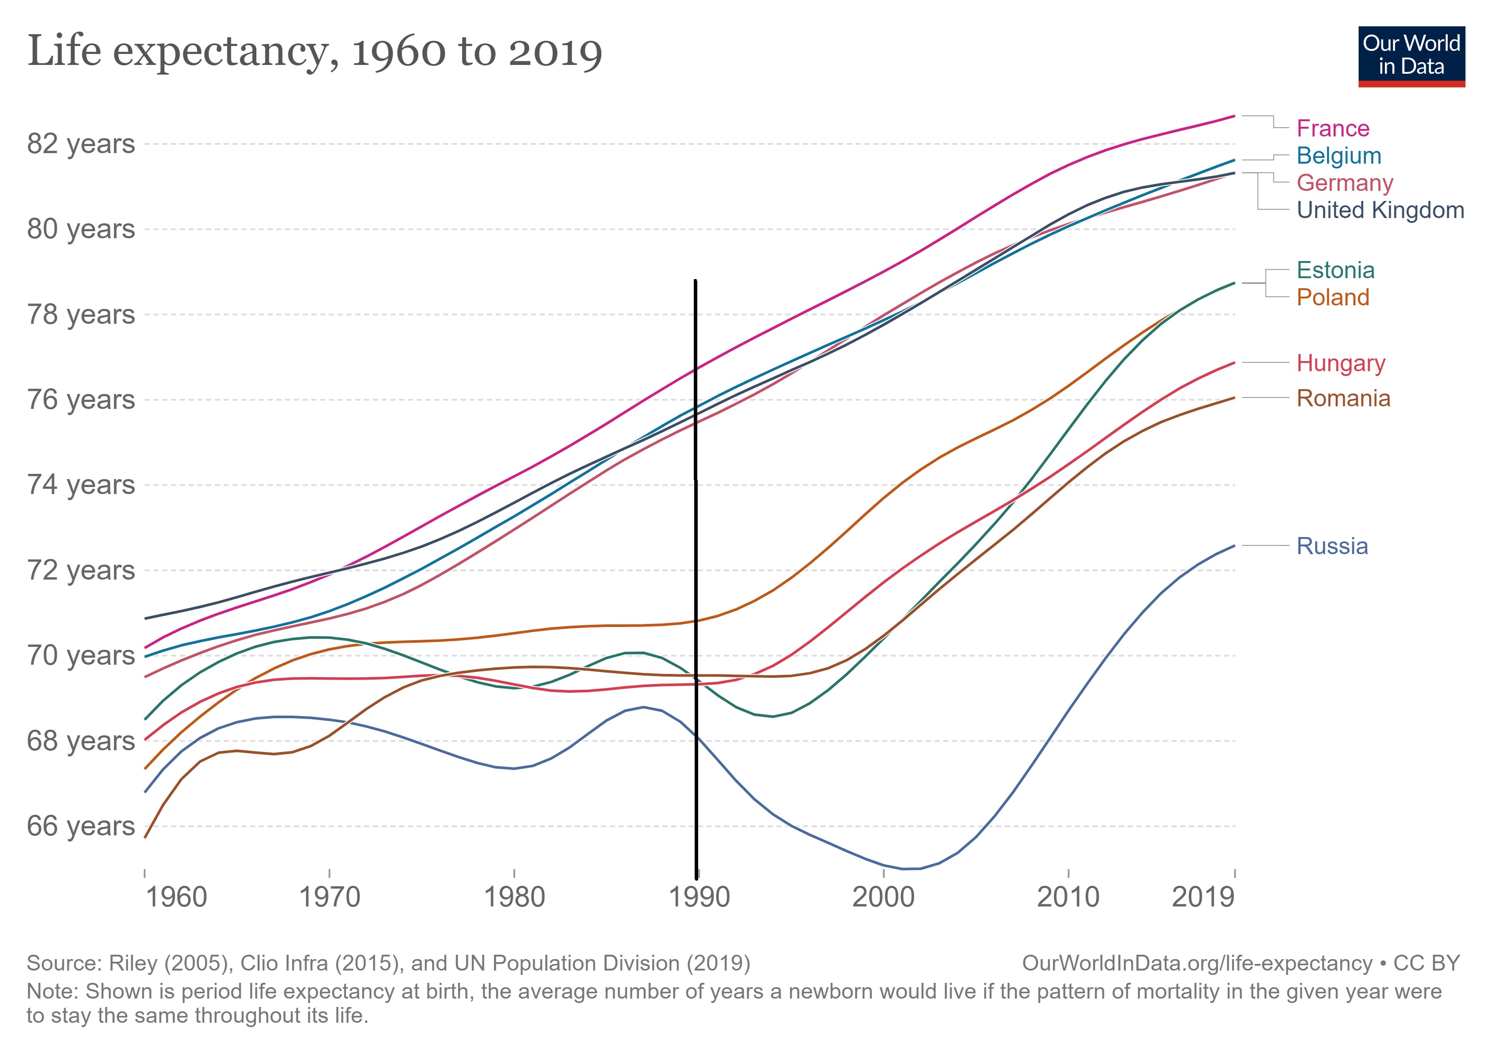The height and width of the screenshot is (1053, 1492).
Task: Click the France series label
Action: pyautogui.click(x=1332, y=129)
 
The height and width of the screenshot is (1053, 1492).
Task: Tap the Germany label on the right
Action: pyautogui.click(x=1345, y=183)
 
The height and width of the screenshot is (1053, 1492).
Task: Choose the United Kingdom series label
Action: pyautogui.click(x=1380, y=211)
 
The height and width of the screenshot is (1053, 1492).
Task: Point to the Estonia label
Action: pyautogui.click(x=1335, y=270)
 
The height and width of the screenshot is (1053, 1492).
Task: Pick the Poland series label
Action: pyautogui.click(x=1332, y=297)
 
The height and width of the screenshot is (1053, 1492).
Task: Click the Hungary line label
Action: pyautogui.click(x=1341, y=363)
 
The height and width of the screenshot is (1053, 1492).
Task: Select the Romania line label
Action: pyautogui.click(x=1343, y=398)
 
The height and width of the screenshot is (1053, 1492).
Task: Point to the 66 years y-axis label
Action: pyautogui.click(x=81, y=826)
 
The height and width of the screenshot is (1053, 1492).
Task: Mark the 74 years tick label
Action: pyautogui.click(x=81, y=485)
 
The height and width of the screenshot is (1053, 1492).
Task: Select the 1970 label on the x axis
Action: pyautogui.click(x=330, y=897)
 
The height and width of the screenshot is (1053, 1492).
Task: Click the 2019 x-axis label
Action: pyautogui.click(x=1202, y=897)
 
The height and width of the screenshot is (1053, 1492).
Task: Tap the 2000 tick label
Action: pyautogui.click(x=883, y=897)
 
